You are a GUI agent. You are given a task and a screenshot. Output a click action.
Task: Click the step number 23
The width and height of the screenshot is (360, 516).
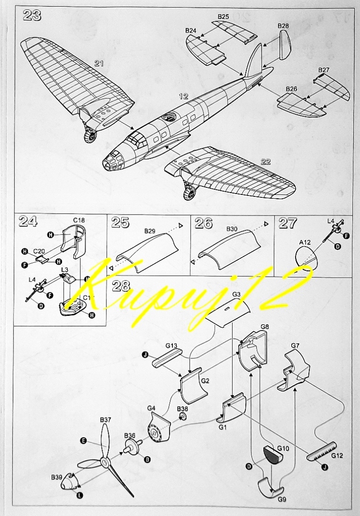[x=32, y=15]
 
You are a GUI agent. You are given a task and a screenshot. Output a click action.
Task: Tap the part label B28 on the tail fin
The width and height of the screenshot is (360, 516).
[x=283, y=25]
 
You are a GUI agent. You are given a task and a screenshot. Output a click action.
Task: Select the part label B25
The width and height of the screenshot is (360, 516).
[x=223, y=17]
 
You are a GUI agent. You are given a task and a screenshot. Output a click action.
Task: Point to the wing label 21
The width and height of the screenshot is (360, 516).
[x=99, y=63]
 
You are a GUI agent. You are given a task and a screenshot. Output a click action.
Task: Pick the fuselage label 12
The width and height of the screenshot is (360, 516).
[x=183, y=97]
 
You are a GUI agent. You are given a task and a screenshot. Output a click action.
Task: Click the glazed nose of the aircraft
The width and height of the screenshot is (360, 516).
[x=112, y=160]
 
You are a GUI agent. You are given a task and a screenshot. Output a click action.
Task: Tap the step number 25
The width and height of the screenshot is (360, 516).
[x=120, y=223]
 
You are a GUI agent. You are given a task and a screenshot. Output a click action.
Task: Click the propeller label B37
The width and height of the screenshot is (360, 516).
[x=106, y=419]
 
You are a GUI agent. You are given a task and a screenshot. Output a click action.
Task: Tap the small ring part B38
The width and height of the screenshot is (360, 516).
[x=182, y=417]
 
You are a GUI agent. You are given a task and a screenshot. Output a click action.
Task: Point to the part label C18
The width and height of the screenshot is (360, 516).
[x=79, y=220]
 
